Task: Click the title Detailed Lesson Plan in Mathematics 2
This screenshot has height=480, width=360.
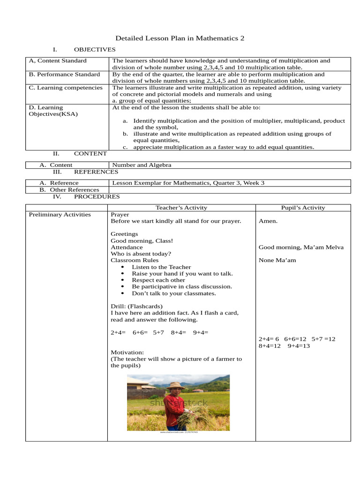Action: [x=180, y=38]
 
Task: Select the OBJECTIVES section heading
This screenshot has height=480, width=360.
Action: [x=94, y=50]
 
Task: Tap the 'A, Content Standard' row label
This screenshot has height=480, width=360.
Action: [x=58, y=61]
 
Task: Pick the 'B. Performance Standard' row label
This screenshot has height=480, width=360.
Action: [x=64, y=75]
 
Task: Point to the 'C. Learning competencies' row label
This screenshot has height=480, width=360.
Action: [x=66, y=88]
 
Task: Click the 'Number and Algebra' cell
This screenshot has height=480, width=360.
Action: [x=141, y=165]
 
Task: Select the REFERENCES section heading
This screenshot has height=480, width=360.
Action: [x=96, y=172]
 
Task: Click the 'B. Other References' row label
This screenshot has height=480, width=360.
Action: [x=69, y=190]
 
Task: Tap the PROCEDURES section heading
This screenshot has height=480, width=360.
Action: [x=97, y=197]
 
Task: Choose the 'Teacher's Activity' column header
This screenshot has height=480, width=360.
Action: [x=181, y=208]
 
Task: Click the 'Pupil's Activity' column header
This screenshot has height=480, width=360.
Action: [x=303, y=208]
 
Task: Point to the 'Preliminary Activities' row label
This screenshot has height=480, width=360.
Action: [x=60, y=215]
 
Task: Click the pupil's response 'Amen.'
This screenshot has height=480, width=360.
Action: [x=268, y=221]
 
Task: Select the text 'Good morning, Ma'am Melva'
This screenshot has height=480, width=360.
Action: [x=301, y=247]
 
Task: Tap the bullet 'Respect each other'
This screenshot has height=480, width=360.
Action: [x=158, y=280]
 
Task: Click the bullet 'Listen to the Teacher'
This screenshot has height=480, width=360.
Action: [x=161, y=267]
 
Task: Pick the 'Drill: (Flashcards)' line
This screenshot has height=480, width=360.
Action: [x=136, y=307]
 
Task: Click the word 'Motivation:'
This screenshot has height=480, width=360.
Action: [x=127, y=352]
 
